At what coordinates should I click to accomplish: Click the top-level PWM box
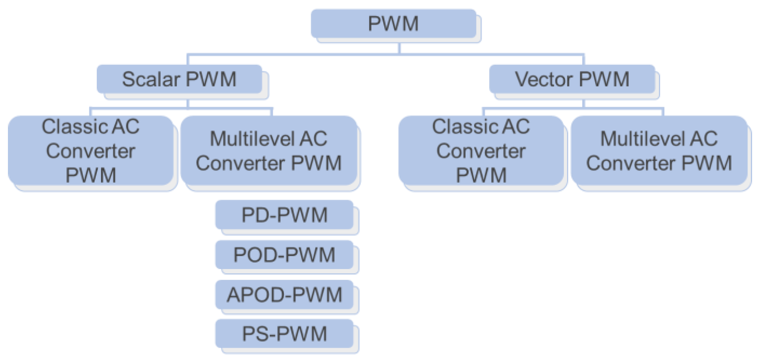(393, 24)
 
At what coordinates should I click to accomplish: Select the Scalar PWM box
(179, 79)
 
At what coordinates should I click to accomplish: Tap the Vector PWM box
(572, 79)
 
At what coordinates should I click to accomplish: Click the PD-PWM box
(284, 215)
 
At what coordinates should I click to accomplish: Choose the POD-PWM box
(284, 255)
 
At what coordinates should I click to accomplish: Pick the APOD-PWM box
(284, 295)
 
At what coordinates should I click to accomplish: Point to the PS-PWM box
(284, 334)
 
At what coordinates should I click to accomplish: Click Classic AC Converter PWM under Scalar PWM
(90, 151)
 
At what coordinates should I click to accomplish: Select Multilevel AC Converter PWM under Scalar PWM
(268, 151)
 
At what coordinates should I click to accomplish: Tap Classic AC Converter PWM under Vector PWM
(481, 151)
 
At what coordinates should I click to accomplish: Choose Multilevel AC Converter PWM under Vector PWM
(659, 151)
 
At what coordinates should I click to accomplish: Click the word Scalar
(151, 79)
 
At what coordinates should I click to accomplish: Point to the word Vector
(543, 79)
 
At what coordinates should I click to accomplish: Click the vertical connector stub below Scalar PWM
(188, 104)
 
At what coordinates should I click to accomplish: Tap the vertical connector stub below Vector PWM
(583, 104)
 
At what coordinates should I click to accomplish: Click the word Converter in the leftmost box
(90, 151)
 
